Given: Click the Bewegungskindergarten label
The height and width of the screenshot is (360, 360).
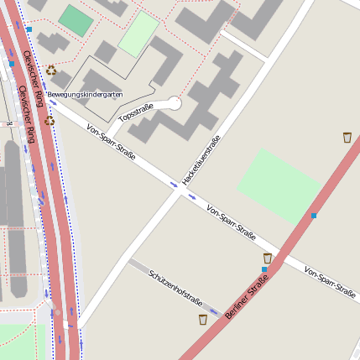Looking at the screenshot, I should [86, 94].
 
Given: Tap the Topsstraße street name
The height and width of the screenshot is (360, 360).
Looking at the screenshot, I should [137, 112].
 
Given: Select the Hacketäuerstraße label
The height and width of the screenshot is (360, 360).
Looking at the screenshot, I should [201, 160].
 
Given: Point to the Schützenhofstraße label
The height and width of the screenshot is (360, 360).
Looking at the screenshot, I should [175, 288].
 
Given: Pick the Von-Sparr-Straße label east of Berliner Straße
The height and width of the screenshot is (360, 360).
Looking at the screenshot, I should [330, 284].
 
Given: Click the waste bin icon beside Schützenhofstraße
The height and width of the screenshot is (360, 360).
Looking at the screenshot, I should [203, 320].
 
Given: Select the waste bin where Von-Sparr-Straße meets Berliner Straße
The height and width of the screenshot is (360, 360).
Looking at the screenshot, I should [268, 258].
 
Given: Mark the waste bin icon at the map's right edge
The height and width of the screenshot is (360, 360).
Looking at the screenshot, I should [347, 137].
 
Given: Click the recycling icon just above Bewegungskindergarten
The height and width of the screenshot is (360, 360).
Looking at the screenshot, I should [51, 71].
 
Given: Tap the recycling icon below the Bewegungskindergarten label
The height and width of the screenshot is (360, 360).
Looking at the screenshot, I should [50, 121].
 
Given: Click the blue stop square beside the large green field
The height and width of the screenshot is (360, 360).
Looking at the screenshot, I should [314, 216].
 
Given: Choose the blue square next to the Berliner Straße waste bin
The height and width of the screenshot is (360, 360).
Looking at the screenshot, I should [263, 269].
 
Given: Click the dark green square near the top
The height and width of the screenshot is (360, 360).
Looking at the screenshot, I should [76, 22].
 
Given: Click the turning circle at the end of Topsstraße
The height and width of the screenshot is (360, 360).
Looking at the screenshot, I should [174, 103].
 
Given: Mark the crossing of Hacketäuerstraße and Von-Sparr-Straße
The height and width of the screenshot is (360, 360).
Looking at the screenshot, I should [178, 190].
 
